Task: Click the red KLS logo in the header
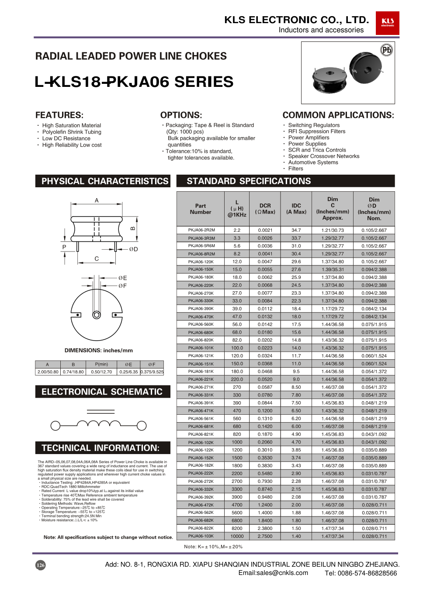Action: pyautogui.click(x=387, y=23)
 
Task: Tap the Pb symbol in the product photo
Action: pyautogui.click(x=386, y=50)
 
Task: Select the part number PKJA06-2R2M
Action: pyautogui.click(x=201, y=230)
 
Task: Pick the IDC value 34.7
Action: pyautogui.click(x=296, y=230)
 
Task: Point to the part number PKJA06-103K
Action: pyautogui.click(x=201, y=536)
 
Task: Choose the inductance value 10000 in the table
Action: pyautogui.click(x=237, y=536)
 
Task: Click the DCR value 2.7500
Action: pyautogui.click(x=265, y=536)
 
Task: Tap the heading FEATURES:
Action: pyautogui.click(x=59, y=115)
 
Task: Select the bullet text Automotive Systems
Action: pyautogui.click(x=313, y=162)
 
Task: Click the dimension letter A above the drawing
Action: pyautogui.click(x=97, y=200)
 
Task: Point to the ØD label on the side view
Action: pyautogui.click(x=133, y=249)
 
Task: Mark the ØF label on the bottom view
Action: pyautogui.click(x=122, y=286)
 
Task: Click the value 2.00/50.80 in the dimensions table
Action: pyautogui.click(x=48, y=372)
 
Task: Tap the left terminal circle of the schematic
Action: pyautogui.click(x=55, y=425)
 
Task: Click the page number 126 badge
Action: pyautogui.click(x=40, y=565)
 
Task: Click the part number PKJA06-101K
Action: pyautogui.click(x=201, y=348)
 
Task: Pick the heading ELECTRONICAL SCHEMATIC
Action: pyautogui.click(x=102, y=392)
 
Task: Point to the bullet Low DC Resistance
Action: pyautogui.click(x=66, y=138)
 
